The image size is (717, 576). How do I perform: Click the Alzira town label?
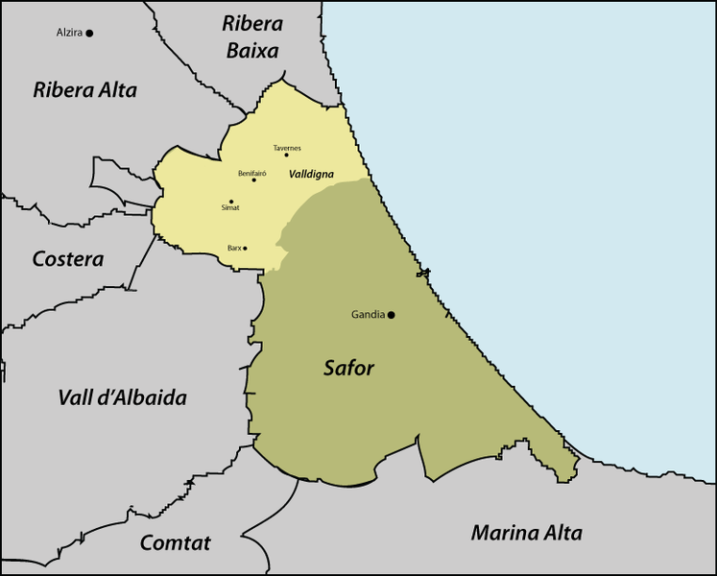point(69,33)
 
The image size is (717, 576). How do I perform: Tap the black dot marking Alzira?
point(89,33)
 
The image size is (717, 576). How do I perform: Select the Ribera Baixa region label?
point(251,36)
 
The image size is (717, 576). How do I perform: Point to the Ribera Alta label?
point(84,90)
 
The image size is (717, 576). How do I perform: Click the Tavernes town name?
point(287,148)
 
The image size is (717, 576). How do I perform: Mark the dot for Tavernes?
point(286,156)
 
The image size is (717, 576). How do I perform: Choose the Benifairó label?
point(251,173)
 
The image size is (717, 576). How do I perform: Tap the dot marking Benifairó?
point(254,180)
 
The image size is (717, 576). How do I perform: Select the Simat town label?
point(230,207)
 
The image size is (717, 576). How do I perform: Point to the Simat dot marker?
point(231,202)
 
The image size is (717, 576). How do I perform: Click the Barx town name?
point(234,248)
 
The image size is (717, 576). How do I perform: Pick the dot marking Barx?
point(246,249)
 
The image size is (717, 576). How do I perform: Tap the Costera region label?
point(67,259)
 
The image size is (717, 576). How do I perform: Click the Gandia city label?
point(368,315)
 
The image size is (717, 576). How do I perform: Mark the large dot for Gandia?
point(392,315)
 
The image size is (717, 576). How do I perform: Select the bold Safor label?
point(348,368)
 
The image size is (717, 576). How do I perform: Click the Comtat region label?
point(175,542)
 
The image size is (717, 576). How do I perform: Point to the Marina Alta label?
point(526,533)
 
